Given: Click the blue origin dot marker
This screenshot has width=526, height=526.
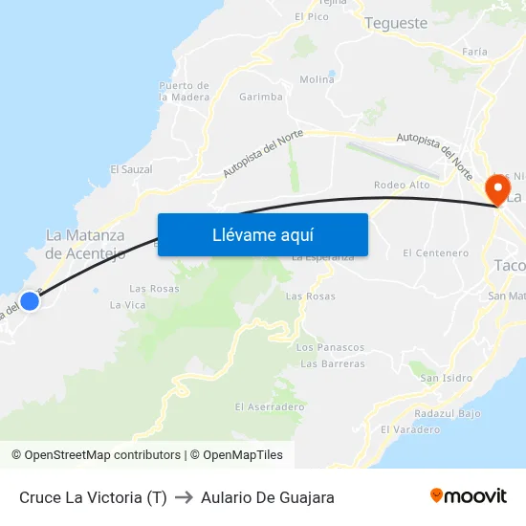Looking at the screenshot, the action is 30,301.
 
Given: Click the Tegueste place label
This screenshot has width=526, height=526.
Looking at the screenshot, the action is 396,23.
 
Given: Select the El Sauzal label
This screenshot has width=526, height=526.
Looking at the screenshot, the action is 131,169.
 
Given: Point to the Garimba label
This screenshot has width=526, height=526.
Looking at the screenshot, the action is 261,97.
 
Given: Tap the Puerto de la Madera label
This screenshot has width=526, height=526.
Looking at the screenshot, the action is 184,91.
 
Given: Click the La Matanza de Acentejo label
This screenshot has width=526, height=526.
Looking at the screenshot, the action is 85,244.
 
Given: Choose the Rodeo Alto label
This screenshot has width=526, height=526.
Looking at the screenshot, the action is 402,185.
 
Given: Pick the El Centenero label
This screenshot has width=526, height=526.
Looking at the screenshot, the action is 436,253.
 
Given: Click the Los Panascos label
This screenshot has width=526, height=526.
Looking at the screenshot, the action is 330,347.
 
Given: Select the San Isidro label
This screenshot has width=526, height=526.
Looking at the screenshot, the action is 446,378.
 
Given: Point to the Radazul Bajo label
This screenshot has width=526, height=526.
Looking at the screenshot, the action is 448,413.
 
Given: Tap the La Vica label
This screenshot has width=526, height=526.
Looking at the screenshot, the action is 127,305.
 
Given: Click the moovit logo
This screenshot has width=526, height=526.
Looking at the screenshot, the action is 469,496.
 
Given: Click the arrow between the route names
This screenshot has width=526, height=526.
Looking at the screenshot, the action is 184,497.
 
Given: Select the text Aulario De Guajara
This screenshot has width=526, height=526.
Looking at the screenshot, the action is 268,497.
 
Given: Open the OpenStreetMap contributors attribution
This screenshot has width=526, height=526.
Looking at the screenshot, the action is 102,455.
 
